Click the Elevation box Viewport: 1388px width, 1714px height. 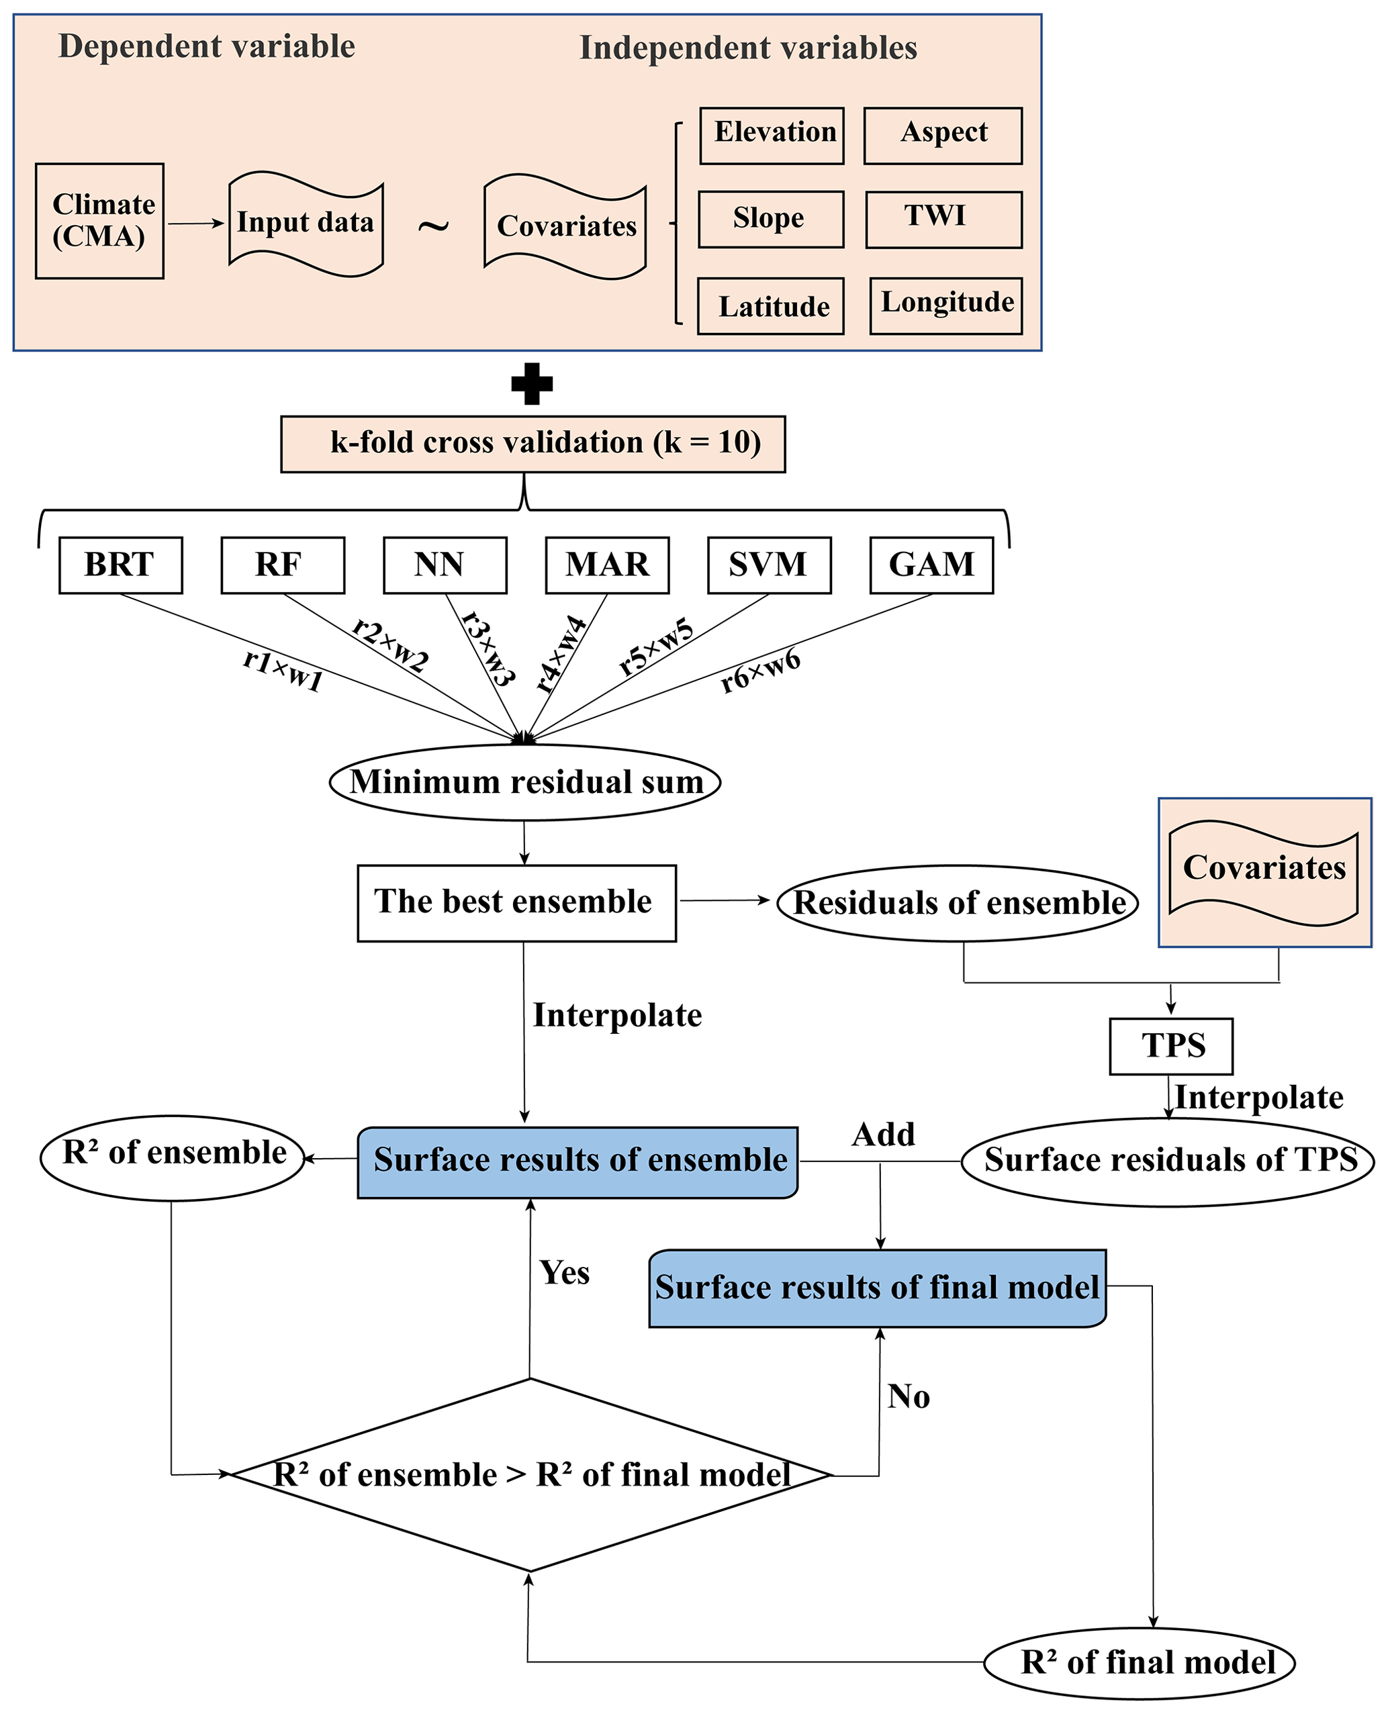(772, 136)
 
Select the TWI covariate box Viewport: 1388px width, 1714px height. (943, 219)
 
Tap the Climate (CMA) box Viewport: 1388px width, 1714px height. (100, 222)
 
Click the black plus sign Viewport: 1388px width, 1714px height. (532, 384)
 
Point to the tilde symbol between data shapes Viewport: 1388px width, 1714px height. (433, 226)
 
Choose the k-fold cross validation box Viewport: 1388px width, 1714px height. (533, 444)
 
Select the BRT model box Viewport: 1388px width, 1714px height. (121, 565)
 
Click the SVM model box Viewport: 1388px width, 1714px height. (769, 565)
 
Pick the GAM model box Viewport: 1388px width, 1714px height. (931, 565)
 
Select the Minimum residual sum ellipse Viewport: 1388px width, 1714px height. (525, 782)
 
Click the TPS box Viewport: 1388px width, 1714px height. (1171, 1047)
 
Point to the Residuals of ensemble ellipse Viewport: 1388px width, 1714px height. (958, 904)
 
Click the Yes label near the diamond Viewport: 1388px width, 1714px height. (565, 1273)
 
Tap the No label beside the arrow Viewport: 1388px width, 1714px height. (909, 1397)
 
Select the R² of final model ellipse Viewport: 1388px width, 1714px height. (1140, 1663)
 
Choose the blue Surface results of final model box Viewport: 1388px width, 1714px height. (877, 1288)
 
